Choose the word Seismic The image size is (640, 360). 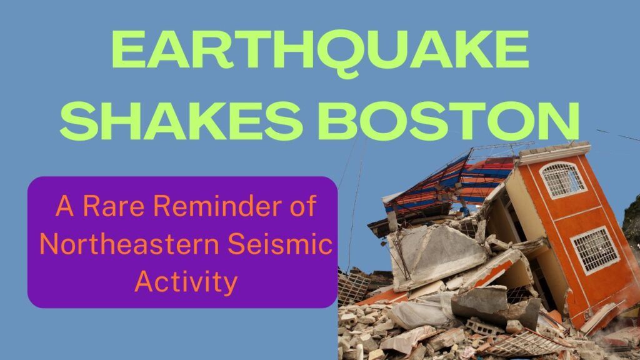pos(280,243)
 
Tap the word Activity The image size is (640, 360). pos(186,281)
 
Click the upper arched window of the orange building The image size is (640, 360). pos(562,180)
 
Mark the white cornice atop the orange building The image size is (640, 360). pos(554,152)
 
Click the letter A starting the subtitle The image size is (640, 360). pos(64,206)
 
